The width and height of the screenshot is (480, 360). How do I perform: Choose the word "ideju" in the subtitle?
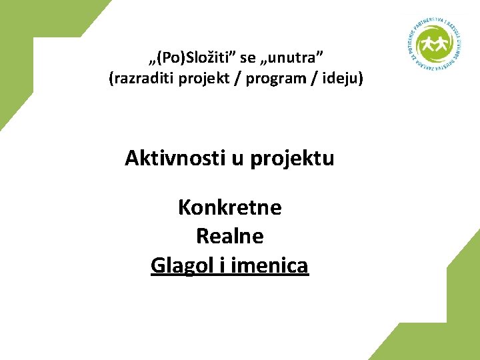[x=343, y=79]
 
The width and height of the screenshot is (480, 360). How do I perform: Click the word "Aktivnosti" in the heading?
[x=175, y=159]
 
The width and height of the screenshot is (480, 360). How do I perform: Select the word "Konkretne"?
[x=230, y=208]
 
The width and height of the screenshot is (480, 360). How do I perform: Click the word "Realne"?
[x=230, y=236]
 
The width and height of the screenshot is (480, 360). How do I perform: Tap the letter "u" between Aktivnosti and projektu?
[x=237, y=159]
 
